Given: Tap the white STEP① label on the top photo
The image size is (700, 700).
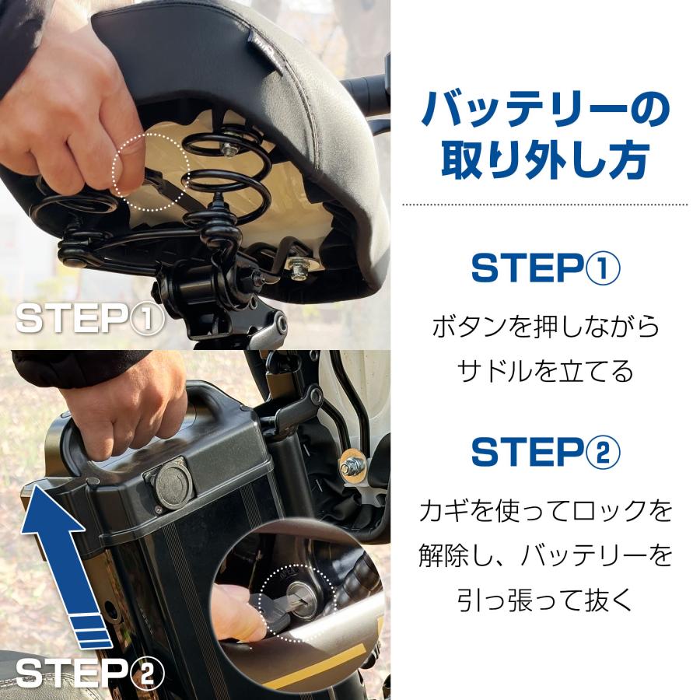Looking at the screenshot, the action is click(90, 318).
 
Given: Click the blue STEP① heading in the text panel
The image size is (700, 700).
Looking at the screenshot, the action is click(545, 268).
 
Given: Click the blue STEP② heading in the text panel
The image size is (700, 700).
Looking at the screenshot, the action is click(545, 452).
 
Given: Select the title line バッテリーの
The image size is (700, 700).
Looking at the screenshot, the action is click(545, 110).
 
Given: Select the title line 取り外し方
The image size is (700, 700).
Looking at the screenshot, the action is click(545, 160).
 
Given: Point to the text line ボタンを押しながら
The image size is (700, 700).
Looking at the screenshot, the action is click(545, 326).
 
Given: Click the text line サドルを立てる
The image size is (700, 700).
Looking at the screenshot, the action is click(545, 372).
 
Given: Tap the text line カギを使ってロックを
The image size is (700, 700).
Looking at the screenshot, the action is click(545, 511).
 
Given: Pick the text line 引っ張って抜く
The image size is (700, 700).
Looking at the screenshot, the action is click(545, 600).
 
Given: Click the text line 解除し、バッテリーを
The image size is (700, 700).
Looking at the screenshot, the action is click(545, 555).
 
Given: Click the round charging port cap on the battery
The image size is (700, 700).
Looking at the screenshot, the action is click(173, 484).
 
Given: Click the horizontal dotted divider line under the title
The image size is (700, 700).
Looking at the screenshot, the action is click(545, 205).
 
